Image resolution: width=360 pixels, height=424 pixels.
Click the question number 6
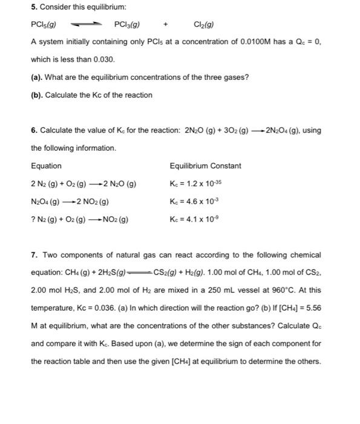click(33, 130)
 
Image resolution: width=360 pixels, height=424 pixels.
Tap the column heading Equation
click(46, 165)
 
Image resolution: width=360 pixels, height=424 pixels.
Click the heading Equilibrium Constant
click(205, 165)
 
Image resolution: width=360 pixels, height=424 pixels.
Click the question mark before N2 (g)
click(33, 219)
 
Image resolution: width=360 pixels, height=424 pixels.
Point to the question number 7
click(33, 254)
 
